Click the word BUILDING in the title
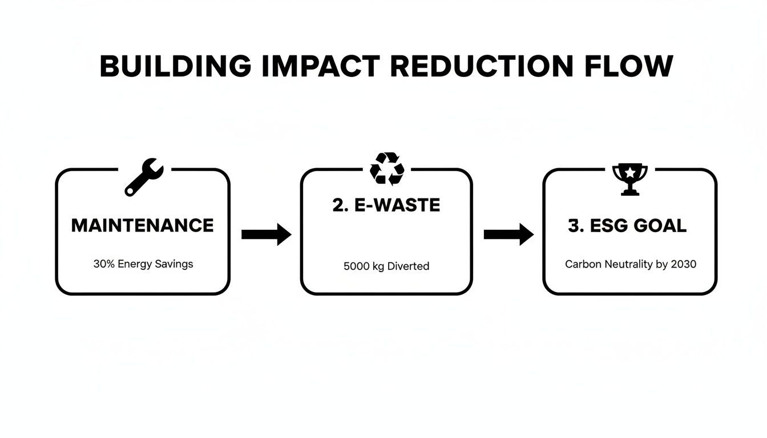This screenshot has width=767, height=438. click(175, 67)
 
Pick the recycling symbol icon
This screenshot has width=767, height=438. click(387, 169)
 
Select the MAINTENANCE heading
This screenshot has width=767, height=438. click(142, 225)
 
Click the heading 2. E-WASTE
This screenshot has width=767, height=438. click(386, 205)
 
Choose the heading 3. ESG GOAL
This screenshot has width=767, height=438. click(627, 226)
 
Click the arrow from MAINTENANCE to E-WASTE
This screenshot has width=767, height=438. click(266, 234)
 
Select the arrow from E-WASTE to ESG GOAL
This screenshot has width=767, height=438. click(508, 234)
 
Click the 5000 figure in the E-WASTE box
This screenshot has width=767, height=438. click(356, 266)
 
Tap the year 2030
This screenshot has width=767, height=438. click(684, 265)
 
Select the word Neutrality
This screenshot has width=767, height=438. click(625, 265)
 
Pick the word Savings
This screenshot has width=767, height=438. click(174, 265)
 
